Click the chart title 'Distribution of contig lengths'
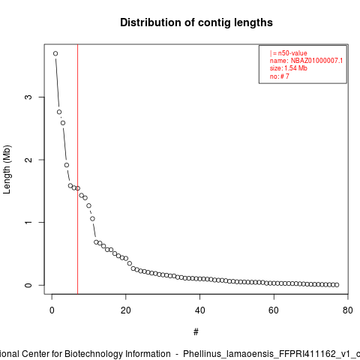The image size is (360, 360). coord(196,22)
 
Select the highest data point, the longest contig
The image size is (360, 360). coord(55,53)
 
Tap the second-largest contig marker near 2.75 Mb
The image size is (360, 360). coord(59,112)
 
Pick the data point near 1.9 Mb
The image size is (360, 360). coord(67,165)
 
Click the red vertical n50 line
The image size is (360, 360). coord(78,169)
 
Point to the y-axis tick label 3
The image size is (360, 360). coord(28,97)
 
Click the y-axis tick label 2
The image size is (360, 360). coord(28,160)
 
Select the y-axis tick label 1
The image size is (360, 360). coord(28,223)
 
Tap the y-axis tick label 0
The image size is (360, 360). coord(28,285)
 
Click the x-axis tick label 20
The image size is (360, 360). coord(126,310)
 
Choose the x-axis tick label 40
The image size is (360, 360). coord(199,310)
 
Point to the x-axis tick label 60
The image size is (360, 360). coord(274,310)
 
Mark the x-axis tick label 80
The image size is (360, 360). coord(348,310)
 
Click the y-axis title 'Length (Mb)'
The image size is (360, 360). coord(7,169)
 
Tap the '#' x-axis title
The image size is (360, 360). coord(196,332)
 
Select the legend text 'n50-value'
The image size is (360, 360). coord(292,53)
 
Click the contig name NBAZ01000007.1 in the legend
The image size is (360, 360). coord(316,61)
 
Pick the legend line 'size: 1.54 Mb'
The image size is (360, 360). coord(289,68)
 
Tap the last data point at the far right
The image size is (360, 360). coord(337,285)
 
